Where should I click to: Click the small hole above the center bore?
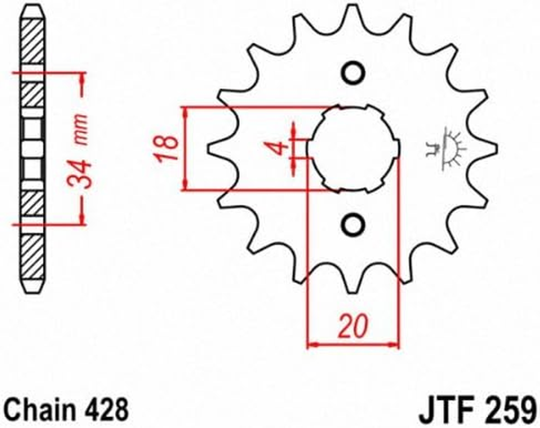click(353, 73)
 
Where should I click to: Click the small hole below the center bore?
click(353, 224)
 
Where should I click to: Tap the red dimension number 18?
click(168, 149)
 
